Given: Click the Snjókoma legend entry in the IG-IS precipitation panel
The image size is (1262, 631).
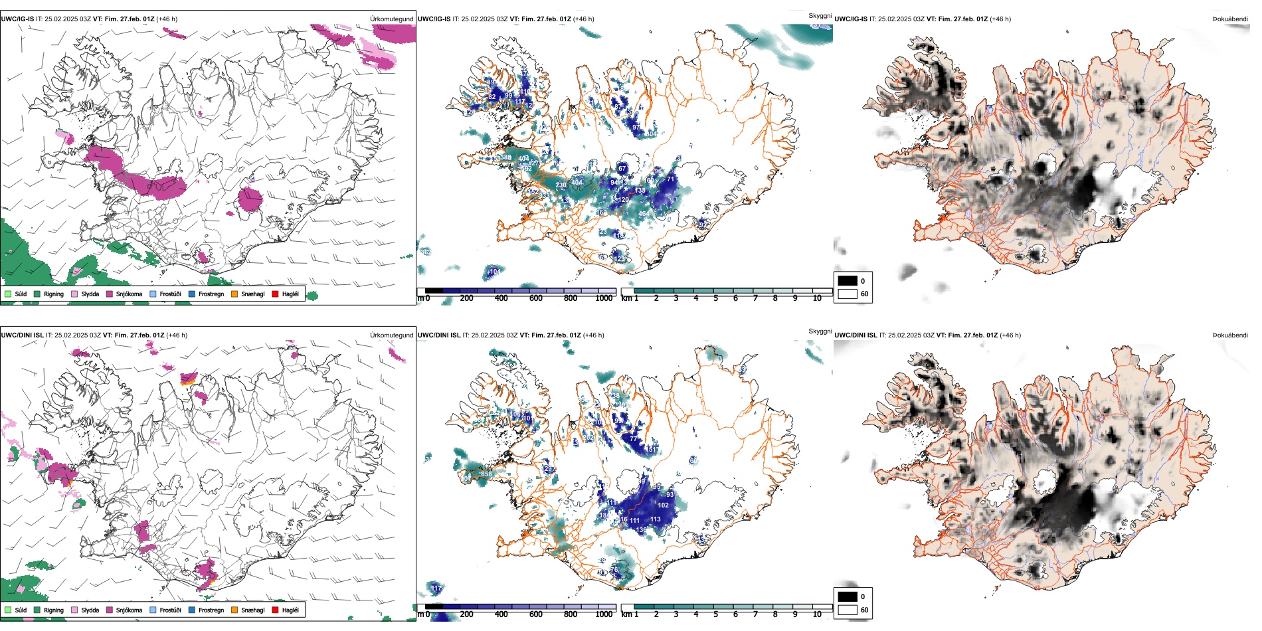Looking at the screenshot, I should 129,294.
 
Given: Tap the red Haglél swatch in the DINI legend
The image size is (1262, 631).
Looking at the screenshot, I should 275,610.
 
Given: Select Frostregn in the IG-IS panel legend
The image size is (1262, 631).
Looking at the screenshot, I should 211,294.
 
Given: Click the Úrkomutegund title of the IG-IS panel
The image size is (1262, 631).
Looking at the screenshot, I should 391,19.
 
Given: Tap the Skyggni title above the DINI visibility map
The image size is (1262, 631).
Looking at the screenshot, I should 820,331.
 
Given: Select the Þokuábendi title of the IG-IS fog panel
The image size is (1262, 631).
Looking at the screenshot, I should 1230,19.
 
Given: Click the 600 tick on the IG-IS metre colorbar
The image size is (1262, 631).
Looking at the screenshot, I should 536,298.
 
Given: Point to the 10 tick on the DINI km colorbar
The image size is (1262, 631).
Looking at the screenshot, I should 817,614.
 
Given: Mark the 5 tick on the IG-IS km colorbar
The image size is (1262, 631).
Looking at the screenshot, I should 716,298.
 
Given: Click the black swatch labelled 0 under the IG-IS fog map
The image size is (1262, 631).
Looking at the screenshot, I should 848,281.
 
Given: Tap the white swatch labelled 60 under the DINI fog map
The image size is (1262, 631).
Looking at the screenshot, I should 848,610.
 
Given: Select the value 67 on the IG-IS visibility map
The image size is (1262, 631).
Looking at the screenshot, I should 622,169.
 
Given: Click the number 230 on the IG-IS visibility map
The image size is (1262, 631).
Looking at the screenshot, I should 561,185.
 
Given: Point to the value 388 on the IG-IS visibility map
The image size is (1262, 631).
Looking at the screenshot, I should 506,157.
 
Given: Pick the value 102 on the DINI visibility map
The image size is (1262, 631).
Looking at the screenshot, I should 663,505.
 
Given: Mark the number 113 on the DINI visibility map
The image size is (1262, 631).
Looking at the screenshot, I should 656,519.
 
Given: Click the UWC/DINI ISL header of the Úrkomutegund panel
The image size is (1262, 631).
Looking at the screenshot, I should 22,335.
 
